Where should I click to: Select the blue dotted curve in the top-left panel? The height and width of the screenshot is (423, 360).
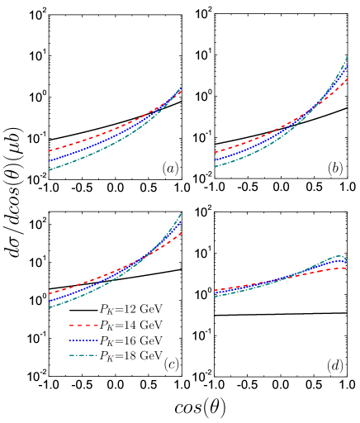[x=83, y=149]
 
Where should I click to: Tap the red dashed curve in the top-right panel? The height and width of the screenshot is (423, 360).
[x=248, y=142]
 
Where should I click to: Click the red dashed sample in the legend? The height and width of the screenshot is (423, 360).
[x=83, y=326]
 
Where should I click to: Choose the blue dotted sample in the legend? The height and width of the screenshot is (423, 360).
[x=83, y=340]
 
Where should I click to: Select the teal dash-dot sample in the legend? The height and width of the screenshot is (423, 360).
[x=83, y=355]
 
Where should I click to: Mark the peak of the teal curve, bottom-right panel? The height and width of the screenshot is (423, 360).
[x=337, y=256]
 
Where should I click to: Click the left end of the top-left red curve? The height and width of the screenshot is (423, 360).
[x=50, y=151]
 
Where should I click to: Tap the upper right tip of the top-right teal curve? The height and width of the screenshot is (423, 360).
[x=347, y=57]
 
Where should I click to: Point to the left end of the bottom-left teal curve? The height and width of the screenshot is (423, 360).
[x=50, y=307]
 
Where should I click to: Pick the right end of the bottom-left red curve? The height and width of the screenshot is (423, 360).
[x=181, y=233]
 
